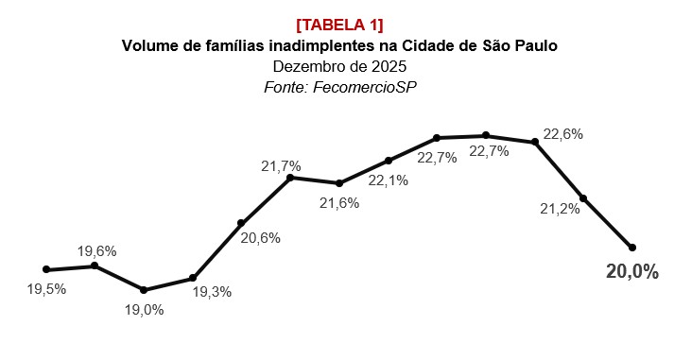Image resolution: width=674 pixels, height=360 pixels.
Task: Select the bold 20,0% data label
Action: click(x=631, y=272)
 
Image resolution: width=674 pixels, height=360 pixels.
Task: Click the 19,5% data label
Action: click(x=46, y=289)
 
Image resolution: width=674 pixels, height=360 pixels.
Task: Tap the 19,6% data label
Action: click(x=96, y=250)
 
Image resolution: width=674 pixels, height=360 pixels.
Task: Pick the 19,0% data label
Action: click(x=144, y=309)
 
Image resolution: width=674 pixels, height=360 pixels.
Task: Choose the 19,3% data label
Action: click(x=212, y=292)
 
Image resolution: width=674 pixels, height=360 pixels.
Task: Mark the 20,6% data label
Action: click(x=260, y=238)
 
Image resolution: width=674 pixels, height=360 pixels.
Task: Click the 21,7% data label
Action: click(x=281, y=166)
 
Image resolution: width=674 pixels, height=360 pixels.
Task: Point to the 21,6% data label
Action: click(x=338, y=202)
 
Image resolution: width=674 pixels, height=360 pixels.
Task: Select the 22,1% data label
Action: click(x=388, y=180)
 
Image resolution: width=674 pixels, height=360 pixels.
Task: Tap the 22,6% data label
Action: click(x=562, y=134)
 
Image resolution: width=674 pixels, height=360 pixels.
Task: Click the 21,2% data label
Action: click(x=560, y=209)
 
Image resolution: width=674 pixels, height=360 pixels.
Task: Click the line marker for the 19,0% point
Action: click(x=144, y=290)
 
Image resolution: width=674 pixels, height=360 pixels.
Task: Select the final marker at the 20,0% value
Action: click(x=632, y=248)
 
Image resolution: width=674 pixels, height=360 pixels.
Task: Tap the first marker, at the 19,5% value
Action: click(x=46, y=269)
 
